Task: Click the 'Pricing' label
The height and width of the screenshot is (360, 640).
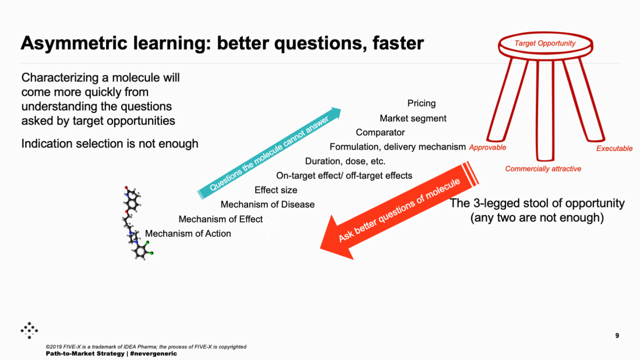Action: pyautogui.click(x=421, y=103)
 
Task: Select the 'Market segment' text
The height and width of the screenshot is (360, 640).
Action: pyautogui.click(x=413, y=118)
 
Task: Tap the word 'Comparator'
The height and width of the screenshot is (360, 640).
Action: pyautogui.click(x=380, y=132)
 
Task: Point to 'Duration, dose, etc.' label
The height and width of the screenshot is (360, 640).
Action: pyautogui.click(x=345, y=161)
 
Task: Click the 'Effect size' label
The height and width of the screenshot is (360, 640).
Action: pyautogui.click(x=276, y=190)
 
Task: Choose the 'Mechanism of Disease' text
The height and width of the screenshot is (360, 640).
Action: pyautogui.click(x=267, y=204)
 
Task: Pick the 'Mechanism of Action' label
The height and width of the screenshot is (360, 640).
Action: pyautogui.click(x=188, y=233)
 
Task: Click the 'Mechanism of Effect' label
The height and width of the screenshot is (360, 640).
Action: pyautogui.click(x=221, y=219)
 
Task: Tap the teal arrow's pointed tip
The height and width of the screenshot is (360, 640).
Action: pyautogui.click(x=341, y=109)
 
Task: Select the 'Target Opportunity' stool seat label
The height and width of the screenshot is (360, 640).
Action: pyautogui.click(x=545, y=43)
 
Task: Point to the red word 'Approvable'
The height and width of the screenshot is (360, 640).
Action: pyautogui.click(x=487, y=147)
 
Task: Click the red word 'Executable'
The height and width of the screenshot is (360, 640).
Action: pyautogui.click(x=614, y=148)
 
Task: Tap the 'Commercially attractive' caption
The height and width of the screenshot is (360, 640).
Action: pyautogui.click(x=543, y=168)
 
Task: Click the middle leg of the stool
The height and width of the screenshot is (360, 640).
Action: pyautogui.click(x=545, y=110)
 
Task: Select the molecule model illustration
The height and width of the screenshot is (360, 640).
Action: pyautogui.click(x=137, y=223)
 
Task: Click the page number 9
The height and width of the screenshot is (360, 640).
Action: pyautogui.click(x=617, y=335)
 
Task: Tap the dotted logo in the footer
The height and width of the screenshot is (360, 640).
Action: pyautogui.click(x=29, y=330)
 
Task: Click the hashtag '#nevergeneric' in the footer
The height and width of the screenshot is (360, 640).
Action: pyautogui.click(x=154, y=353)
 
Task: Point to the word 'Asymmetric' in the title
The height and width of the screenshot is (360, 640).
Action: pyautogui.click(x=74, y=43)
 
